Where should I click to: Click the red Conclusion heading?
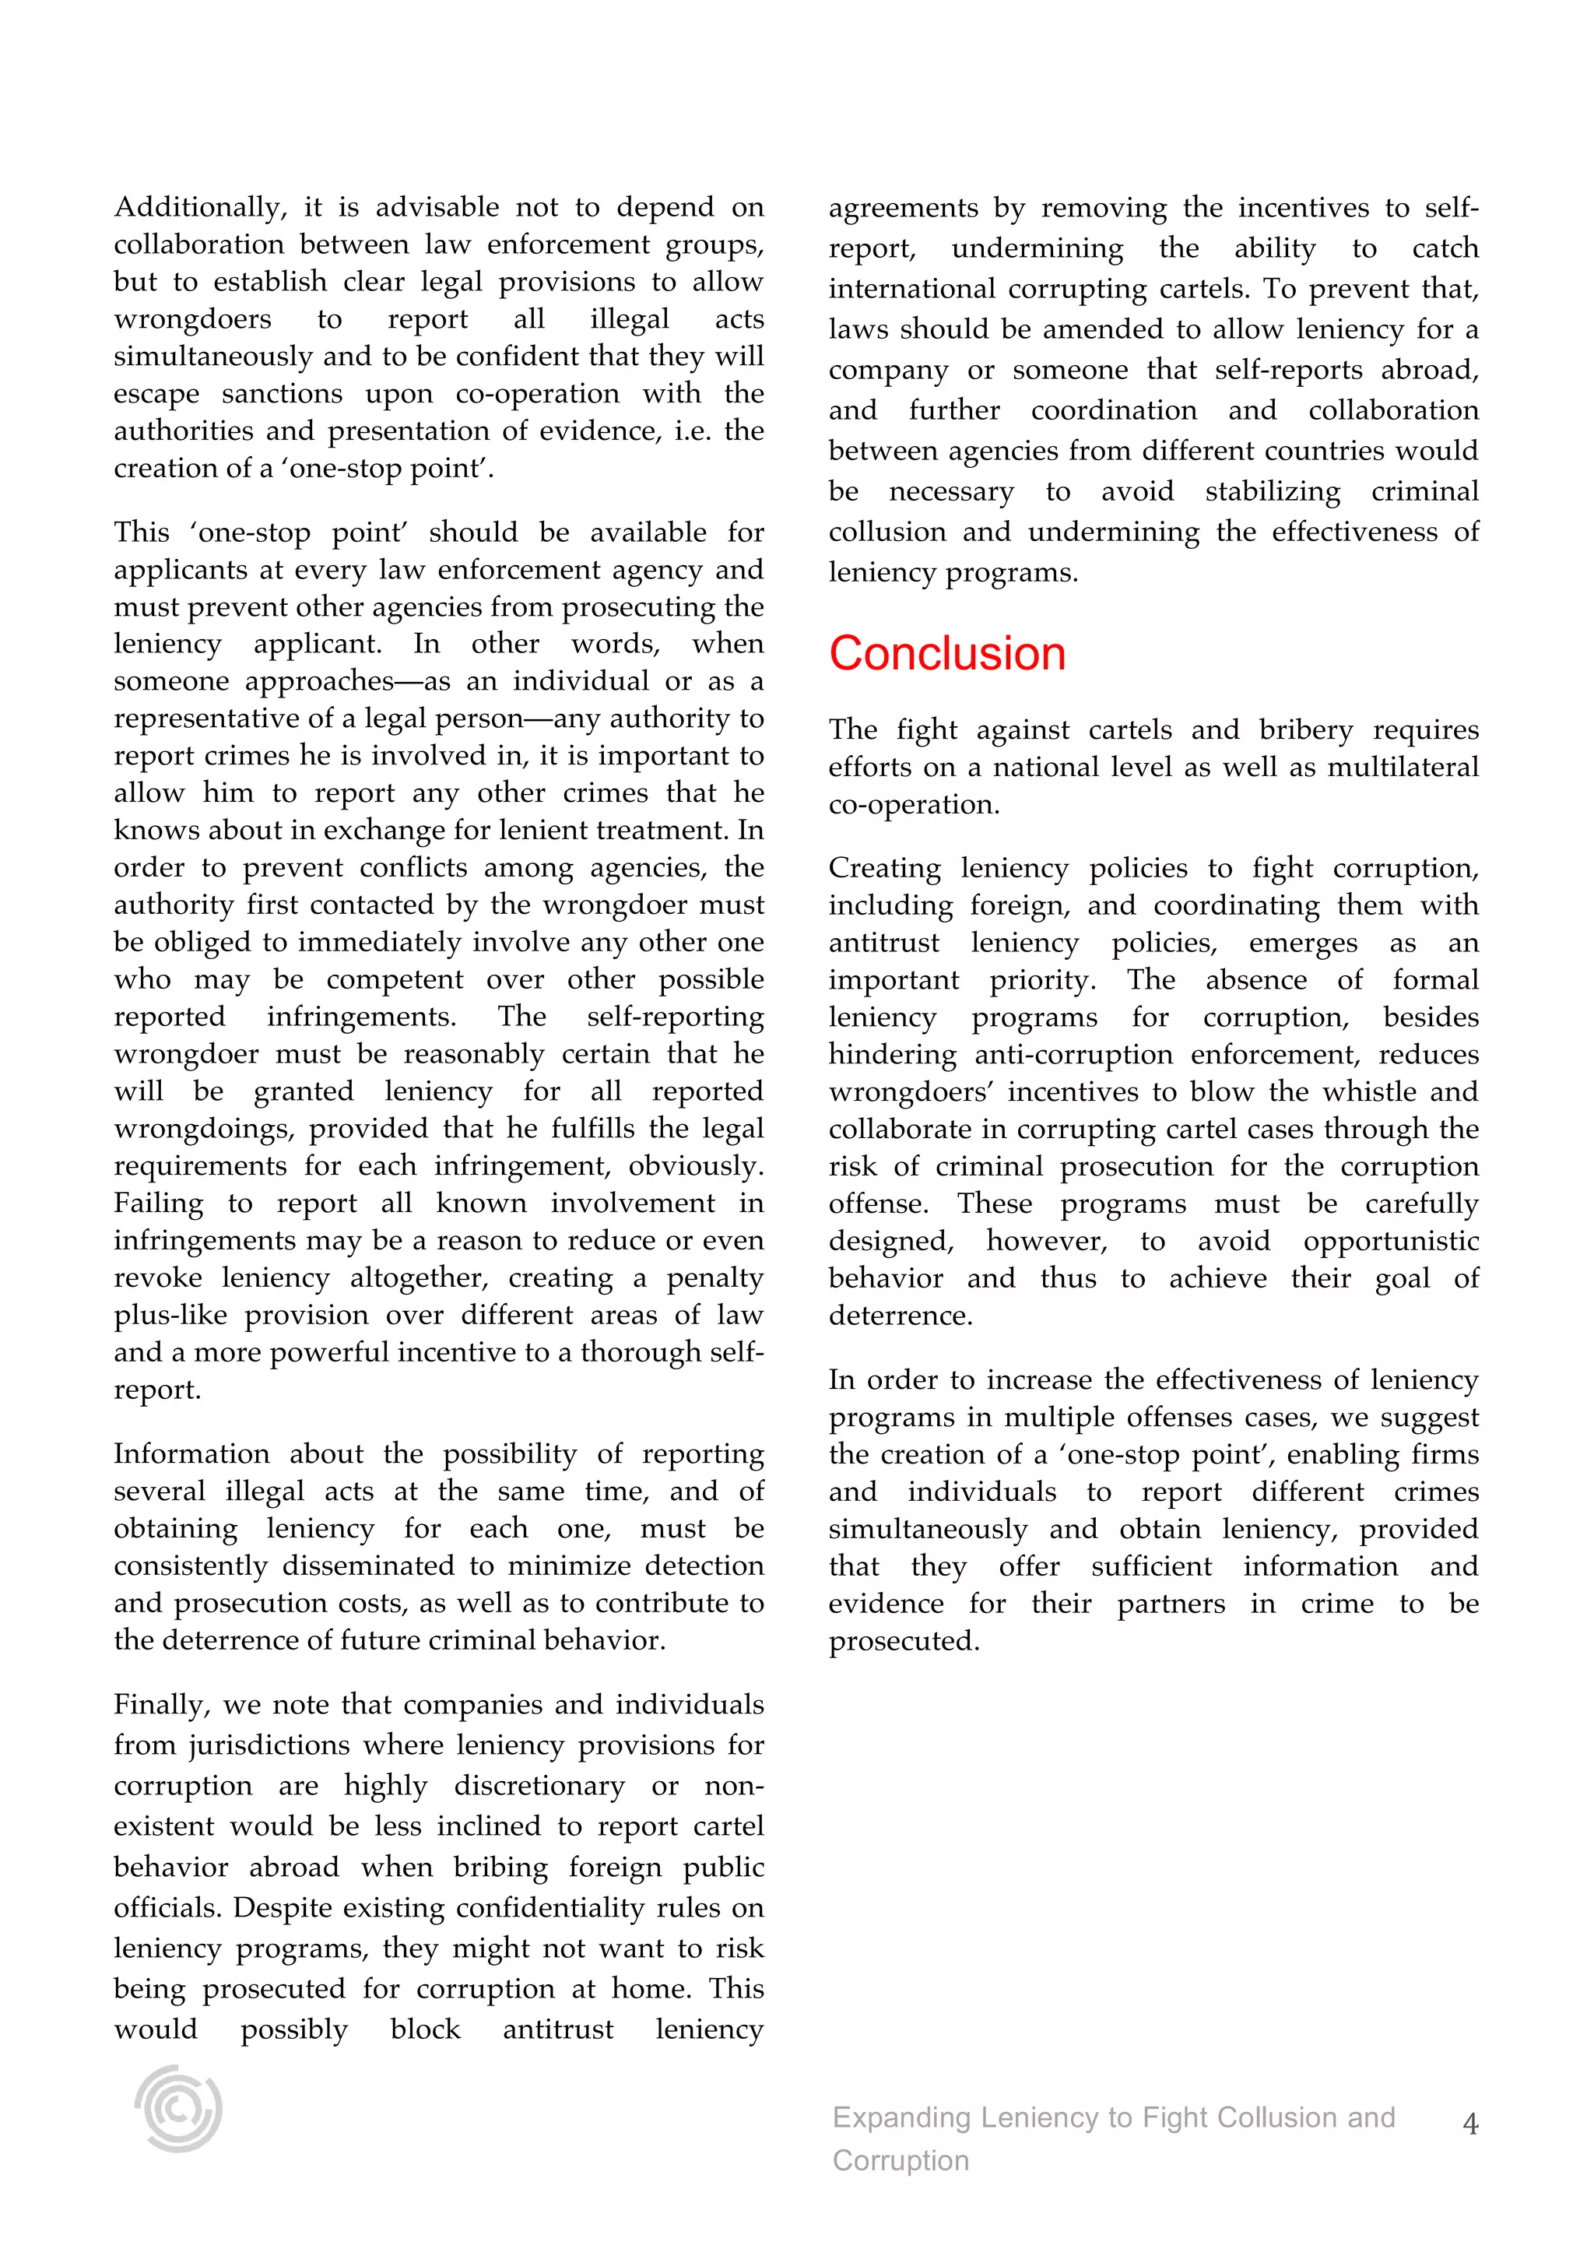point(946,653)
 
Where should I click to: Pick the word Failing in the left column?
point(158,1203)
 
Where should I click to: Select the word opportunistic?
point(1391,1241)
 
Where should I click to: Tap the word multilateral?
point(1403,768)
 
